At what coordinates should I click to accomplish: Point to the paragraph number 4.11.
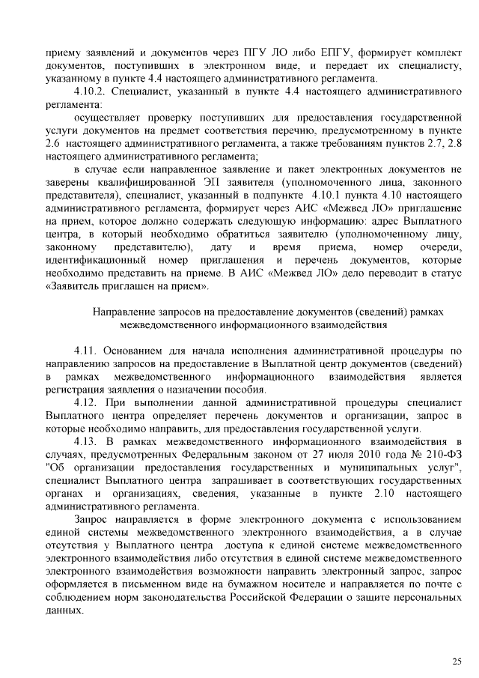(87, 350)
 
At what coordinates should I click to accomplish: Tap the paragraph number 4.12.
(87, 401)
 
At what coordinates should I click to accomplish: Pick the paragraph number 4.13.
(87, 442)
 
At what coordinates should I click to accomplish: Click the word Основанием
(131, 350)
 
